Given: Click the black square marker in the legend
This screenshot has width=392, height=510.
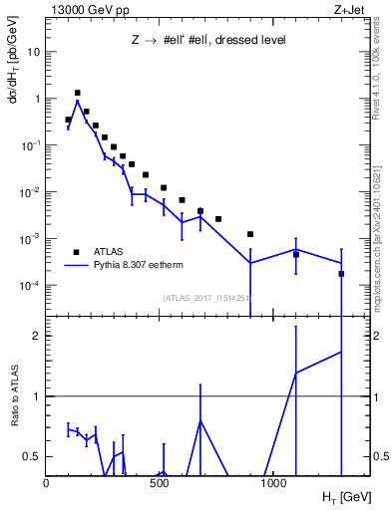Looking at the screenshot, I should tap(77, 252).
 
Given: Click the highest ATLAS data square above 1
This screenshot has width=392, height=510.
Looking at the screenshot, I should tap(77, 93).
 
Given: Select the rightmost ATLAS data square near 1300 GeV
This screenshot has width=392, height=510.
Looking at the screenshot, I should tap(341, 273).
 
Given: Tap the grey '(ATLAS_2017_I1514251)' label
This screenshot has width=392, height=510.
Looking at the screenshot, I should tap(205, 298).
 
